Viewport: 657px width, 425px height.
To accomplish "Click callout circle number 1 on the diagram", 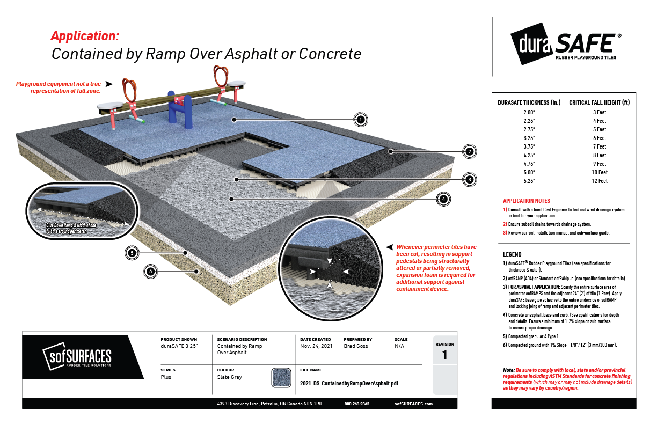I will [361, 119].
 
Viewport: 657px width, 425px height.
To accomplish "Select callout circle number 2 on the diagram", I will [469, 152].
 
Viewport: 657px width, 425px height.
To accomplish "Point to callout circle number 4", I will [443, 199].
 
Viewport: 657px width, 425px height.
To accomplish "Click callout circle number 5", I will [130, 252].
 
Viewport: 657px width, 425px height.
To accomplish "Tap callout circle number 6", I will [151, 272].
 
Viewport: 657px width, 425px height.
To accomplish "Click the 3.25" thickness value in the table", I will [530, 138].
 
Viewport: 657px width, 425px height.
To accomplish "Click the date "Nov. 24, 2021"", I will [316, 346].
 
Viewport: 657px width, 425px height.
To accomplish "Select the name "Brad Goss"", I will [355, 346].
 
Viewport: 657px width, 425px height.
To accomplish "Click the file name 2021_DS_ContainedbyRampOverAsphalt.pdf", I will [349, 384].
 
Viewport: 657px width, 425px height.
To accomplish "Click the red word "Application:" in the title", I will [84, 36].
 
